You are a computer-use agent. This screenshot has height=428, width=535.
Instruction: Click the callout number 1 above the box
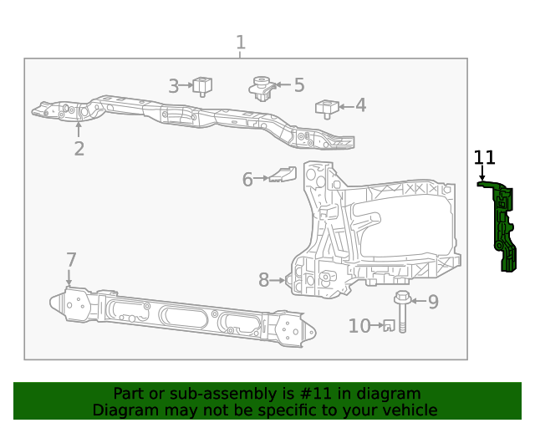click(241, 42)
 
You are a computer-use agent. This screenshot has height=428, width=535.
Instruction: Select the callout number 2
click(79, 149)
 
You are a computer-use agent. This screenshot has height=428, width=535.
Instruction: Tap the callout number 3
click(174, 85)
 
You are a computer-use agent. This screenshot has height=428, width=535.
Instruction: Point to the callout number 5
click(298, 84)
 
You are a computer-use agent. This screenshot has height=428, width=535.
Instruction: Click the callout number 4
click(360, 105)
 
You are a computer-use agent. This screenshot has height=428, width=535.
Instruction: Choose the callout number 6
click(247, 179)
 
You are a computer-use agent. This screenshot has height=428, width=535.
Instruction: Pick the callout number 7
click(71, 259)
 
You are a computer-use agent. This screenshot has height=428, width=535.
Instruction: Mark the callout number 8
click(263, 281)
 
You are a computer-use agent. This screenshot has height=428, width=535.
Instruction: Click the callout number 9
click(433, 302)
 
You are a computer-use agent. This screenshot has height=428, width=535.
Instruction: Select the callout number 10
click(359, 326)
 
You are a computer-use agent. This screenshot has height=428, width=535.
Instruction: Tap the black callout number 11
click(485, 157)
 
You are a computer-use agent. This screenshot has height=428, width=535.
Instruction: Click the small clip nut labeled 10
click(387, 326)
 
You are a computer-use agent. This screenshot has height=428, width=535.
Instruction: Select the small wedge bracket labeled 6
click(283, 175)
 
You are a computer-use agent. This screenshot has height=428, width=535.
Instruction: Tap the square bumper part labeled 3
click(202, 84)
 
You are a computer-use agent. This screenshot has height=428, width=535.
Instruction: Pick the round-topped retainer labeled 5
click(262, 87)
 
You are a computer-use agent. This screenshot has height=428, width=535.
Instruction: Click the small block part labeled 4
click(326, 108)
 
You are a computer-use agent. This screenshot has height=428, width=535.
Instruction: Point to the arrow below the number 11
click(482, 173)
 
